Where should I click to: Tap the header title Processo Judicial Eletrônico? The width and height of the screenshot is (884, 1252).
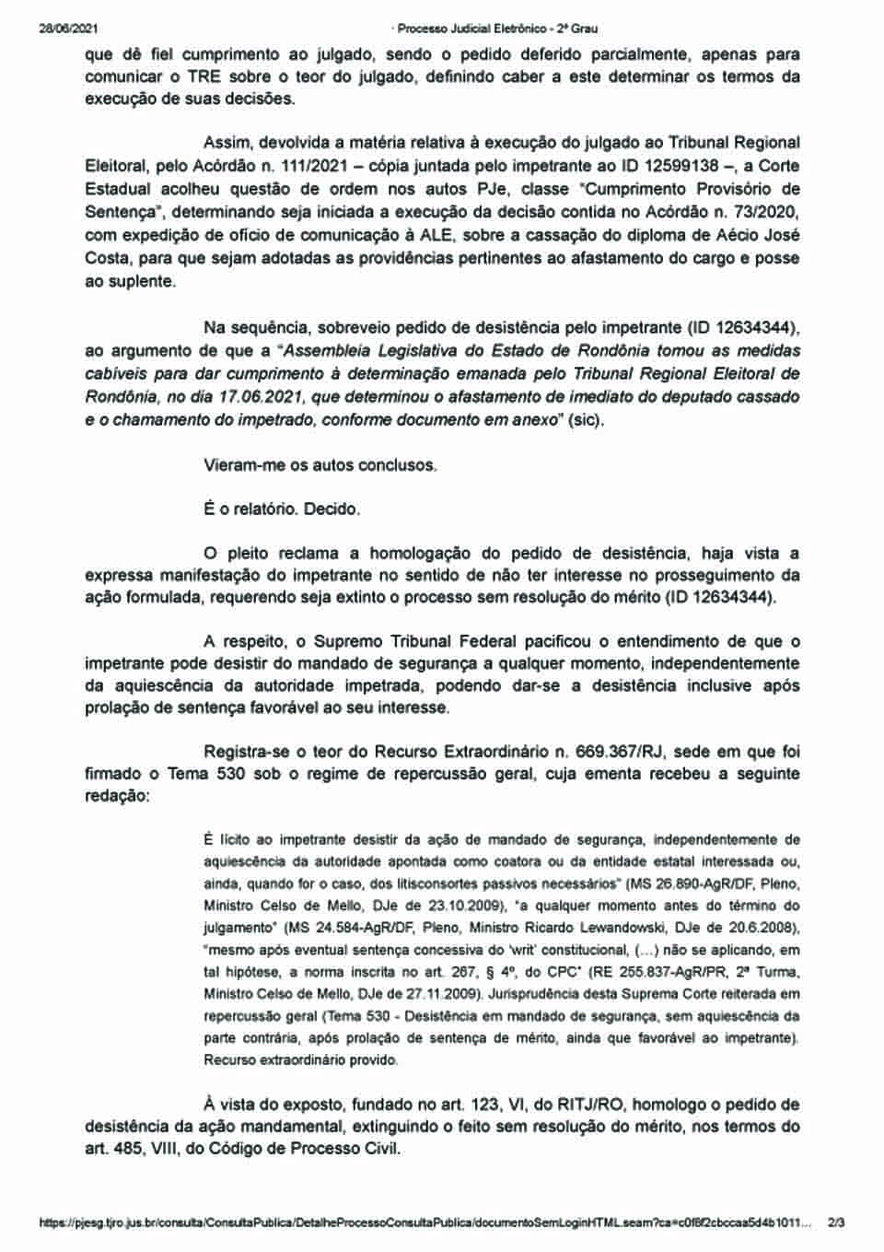486,29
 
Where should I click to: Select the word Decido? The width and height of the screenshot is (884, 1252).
331,509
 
